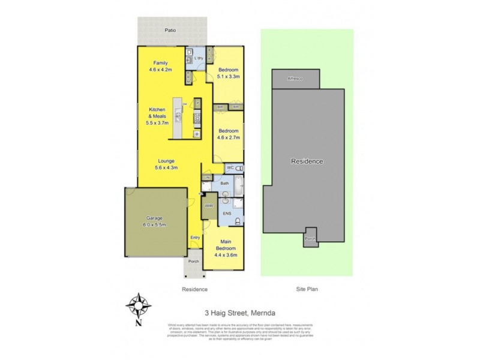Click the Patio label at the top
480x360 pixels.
pyautogui.click(x=171, y=29)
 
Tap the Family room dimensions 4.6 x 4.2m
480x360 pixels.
pyautogui.click(x=160, y=70)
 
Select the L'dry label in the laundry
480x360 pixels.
pyautogui.click(x=199, y=58)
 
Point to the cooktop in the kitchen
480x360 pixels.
pyautogui.click(x=197, y=118)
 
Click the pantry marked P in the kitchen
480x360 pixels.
pyautogui.click(x=197, y=104)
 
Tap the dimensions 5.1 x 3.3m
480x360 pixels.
pyautogui.click(x=229, y=76)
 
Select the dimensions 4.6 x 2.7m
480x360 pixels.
pyautogui.click(x=229, y=137)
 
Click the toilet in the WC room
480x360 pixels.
pyautogui.click(x=239, y=168)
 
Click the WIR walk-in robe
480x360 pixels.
pyautogui.click(x=208, y=206)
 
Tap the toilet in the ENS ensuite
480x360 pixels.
pyautogui.click(x=238, y=221)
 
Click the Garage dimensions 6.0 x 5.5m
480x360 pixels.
pyautogui.click(x=155, y=224)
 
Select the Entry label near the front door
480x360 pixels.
pyautogui.click(x=195, y=238)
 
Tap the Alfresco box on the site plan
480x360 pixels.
pyautogui.click(x=295, y=79)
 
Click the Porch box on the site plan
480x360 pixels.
pyautogui.click(x=310, y=238)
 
